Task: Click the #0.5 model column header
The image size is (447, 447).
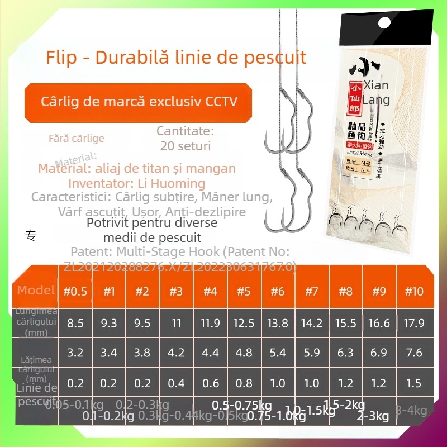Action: point(75,291)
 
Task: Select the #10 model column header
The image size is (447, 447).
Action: point(414,291)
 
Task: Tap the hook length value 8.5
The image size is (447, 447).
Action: point(75,323)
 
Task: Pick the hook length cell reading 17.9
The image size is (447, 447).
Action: point(414,323)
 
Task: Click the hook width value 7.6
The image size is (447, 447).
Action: point(414,353)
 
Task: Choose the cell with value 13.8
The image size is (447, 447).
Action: point(278,323)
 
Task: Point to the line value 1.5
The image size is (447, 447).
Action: point(414,384)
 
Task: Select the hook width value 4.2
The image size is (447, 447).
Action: point(176,353)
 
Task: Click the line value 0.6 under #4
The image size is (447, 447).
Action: point(210,384)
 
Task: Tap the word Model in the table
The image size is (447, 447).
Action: point(36,290)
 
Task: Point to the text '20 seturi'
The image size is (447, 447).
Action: point(185,146)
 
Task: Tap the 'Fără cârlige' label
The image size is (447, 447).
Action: point(76,138)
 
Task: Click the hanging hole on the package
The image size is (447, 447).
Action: point(384,23)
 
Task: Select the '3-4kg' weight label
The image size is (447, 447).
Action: point(411,411)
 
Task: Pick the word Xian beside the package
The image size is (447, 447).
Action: point(376,86)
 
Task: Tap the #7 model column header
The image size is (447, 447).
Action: point(311,291)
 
